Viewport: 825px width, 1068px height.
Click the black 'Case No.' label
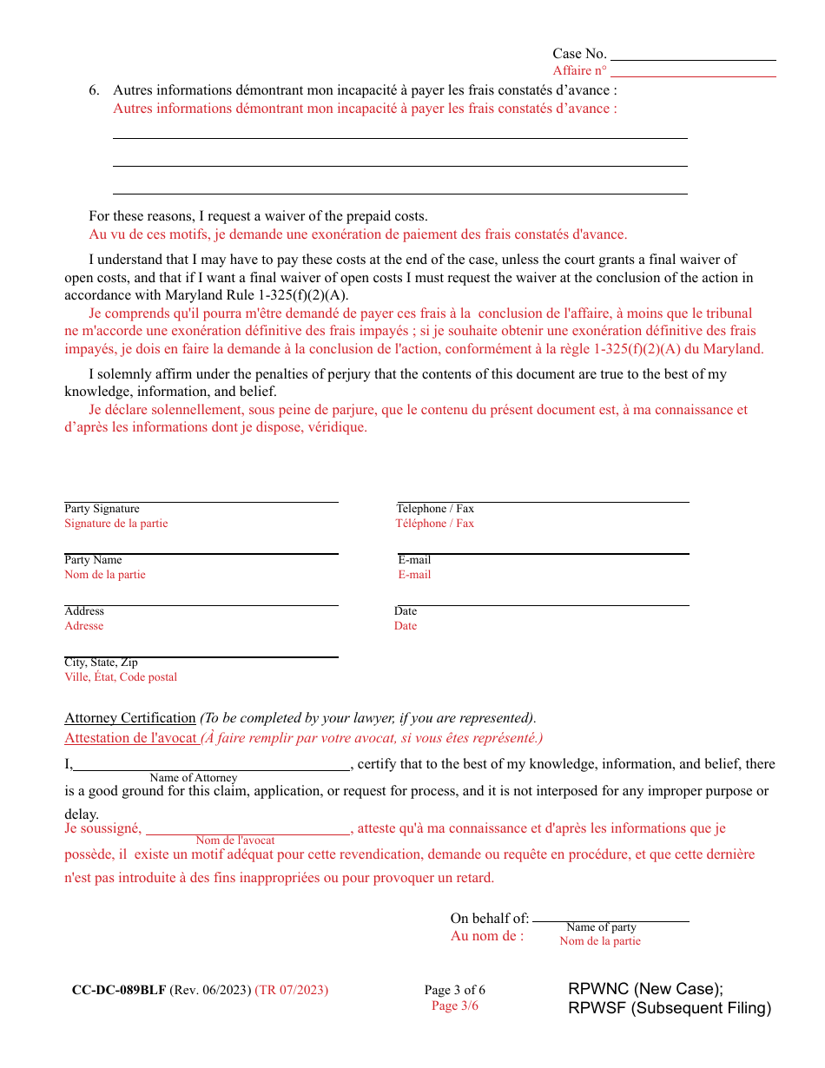(579, 54)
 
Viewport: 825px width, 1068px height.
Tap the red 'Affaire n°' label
(579, 70)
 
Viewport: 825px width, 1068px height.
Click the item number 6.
(94, 89)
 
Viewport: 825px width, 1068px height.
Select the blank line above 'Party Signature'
(201, 501)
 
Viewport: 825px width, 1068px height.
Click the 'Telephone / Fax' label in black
(435, 509)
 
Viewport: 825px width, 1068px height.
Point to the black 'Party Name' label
(93, 560)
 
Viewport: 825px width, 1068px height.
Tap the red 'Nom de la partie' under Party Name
(105, 575)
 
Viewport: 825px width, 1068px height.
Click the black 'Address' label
(84, 611)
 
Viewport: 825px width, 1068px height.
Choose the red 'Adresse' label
(84, 626)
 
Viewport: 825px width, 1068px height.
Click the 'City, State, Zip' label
(101, 663)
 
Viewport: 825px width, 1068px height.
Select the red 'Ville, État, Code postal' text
(121, 677)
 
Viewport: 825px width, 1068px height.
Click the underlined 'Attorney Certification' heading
(130, 718)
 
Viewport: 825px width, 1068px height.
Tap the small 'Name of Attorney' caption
(193, 778)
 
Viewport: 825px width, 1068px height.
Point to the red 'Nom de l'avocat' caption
(235, 841)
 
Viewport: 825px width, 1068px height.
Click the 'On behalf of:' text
(489, 919)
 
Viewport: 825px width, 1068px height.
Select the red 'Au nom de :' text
(487, 936)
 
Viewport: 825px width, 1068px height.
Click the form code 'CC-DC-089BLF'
(119, 990)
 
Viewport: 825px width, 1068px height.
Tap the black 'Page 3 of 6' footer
(455, 991)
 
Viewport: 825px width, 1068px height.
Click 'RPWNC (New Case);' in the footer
(646, 989)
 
